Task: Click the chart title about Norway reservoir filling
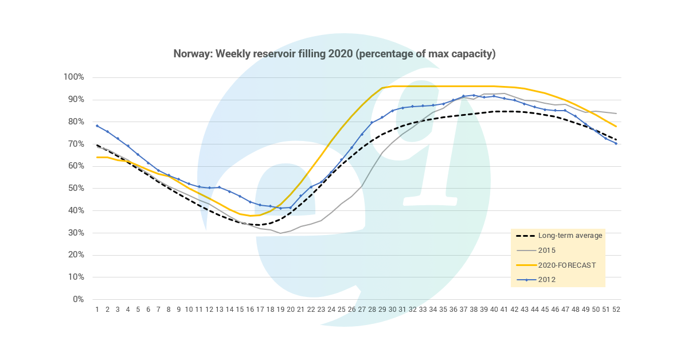coord(334,54)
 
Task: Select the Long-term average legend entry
coord(570,236)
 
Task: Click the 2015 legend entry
coord(548,250)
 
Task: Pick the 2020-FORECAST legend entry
coord(566,265)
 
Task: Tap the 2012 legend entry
coord(548,280)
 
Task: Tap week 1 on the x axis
coord(97,310)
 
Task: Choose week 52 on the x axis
coord(616,310)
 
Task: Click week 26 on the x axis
coord(351,310)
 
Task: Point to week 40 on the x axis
coord(494,310)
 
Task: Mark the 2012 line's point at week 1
coord(97,126)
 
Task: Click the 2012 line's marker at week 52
coord(616,143)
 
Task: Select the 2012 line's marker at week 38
coord(474,95)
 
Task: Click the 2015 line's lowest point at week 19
coord(280,233)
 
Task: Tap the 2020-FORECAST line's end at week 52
coord(616,126)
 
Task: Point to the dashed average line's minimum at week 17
coord(260,225)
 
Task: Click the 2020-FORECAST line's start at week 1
coord(97,157)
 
